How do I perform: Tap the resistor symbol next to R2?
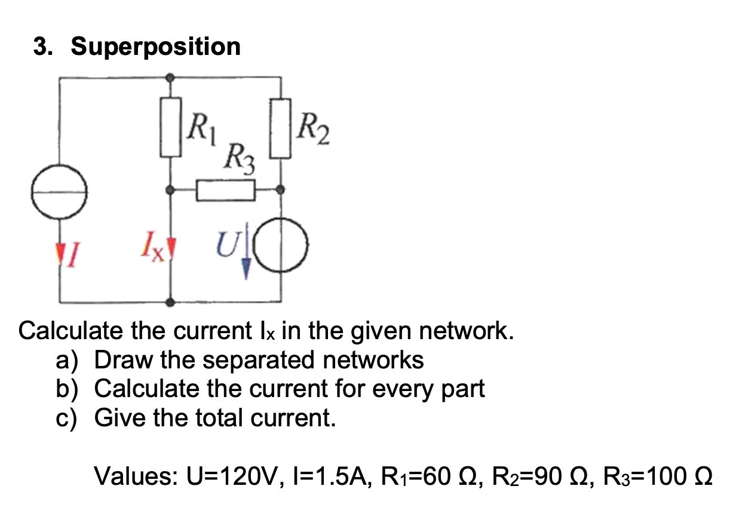tap(281, 130)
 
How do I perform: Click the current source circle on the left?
tap(59, 192)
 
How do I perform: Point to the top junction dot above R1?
tap(171, 78)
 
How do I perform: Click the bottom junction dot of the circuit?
tap(171, 303)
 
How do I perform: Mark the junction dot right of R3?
tap(281, 190)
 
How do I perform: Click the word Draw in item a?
tap(121, 360)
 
